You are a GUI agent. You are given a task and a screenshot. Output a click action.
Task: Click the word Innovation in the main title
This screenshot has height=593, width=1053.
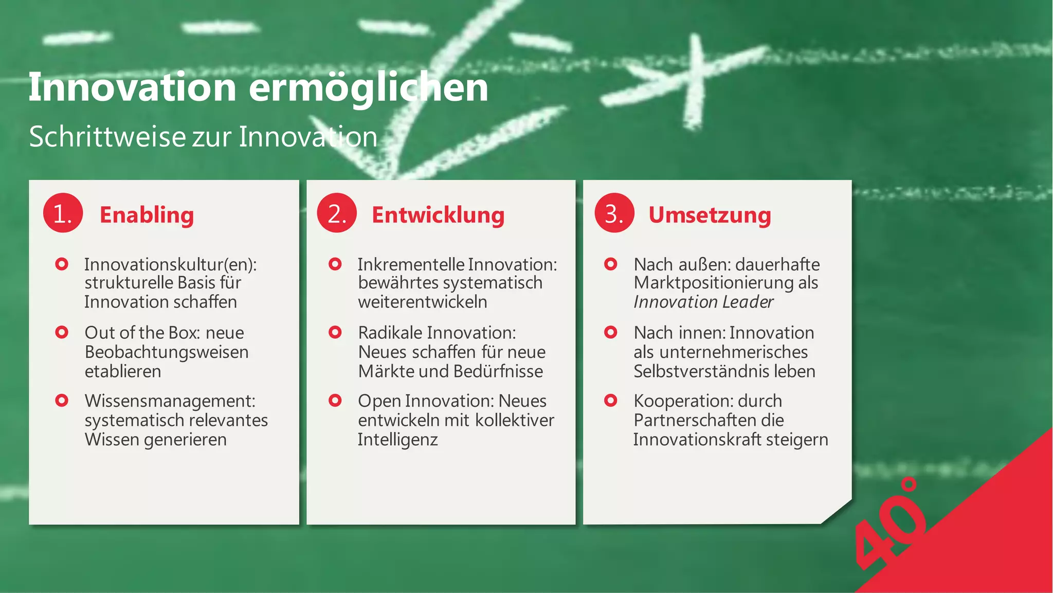pos(132,87)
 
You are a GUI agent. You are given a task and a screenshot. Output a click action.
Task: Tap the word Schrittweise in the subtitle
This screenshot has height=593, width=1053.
pos(107,137)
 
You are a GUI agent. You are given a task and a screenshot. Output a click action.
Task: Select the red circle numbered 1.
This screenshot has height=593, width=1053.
pos(63,213)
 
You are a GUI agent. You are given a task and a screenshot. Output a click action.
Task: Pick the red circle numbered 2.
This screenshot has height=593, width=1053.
pos(337,213)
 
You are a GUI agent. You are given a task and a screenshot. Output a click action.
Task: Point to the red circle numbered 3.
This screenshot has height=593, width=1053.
pos(614,213)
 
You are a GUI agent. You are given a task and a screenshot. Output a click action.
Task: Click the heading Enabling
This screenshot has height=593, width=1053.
pos(147,215)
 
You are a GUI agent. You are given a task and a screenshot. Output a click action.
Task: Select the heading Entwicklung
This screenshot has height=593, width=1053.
pos(438,215)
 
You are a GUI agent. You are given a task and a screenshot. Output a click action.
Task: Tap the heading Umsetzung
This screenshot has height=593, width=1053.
pos(710,215)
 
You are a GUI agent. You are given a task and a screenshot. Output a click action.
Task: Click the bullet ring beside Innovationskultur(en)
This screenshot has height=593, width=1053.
pos(62,264)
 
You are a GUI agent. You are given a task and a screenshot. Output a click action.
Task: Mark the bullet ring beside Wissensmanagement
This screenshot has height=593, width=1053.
pos(62,401)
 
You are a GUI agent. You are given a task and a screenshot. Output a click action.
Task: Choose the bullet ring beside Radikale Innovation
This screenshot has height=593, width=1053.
pos(335,332)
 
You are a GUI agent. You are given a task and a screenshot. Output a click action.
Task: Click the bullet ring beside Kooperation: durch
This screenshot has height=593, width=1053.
pos(611,401)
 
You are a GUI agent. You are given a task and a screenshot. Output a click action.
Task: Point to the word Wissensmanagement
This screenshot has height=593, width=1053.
pos(170,401)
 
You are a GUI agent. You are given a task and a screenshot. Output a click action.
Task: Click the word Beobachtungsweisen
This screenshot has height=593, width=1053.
pos(167,352)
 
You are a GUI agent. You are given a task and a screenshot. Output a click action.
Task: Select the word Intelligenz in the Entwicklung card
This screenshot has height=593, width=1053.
pos(397,440)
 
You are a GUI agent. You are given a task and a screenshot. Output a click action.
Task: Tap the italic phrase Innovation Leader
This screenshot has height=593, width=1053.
pos(703,302)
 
